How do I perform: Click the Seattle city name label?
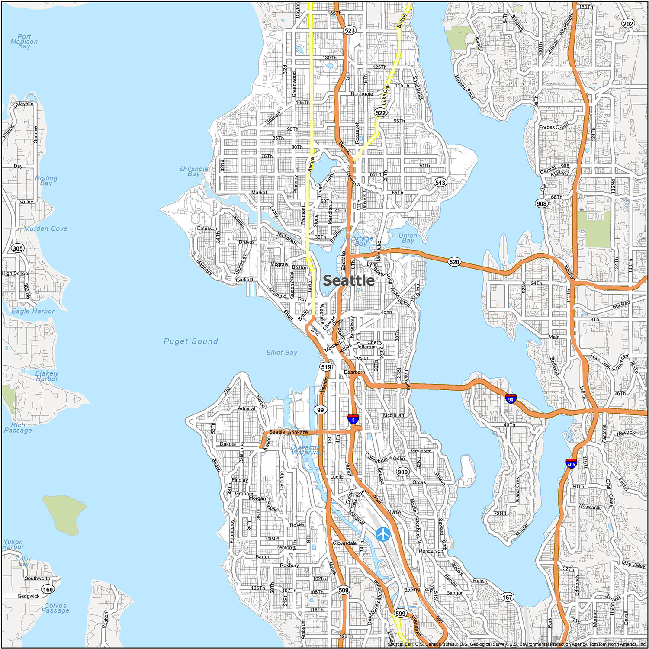click(349, 280)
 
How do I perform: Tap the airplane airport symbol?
click(383, 534)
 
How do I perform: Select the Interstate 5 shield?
click(353, 419)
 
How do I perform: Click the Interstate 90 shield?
click(511, 399)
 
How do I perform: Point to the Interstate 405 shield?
click(571, 464)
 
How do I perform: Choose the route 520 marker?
click(454, 262)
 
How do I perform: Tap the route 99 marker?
click(320, 410)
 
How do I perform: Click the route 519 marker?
click(326, 367)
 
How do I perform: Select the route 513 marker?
click(440, 183)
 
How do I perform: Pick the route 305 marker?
click(18, 248)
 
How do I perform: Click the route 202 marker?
click(628, 24)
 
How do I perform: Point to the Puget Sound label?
click(191, 341)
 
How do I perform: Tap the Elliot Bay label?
click(282, 353)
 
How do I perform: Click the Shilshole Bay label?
click(193, 171)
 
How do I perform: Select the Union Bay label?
click(408, 238)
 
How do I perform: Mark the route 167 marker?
click(507, 597)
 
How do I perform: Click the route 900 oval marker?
click(402, 472)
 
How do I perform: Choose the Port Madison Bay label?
click(24, 42)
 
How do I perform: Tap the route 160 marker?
click(48, 589)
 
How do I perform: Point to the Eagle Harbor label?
click(33, 311)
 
